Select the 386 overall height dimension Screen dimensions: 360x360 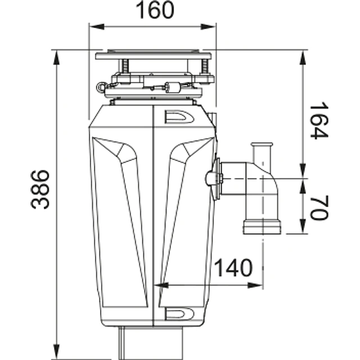40,190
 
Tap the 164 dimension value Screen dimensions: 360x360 318,120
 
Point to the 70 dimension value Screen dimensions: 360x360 318,206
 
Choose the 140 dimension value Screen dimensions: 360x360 233,268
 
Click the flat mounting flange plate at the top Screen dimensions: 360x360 154,56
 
